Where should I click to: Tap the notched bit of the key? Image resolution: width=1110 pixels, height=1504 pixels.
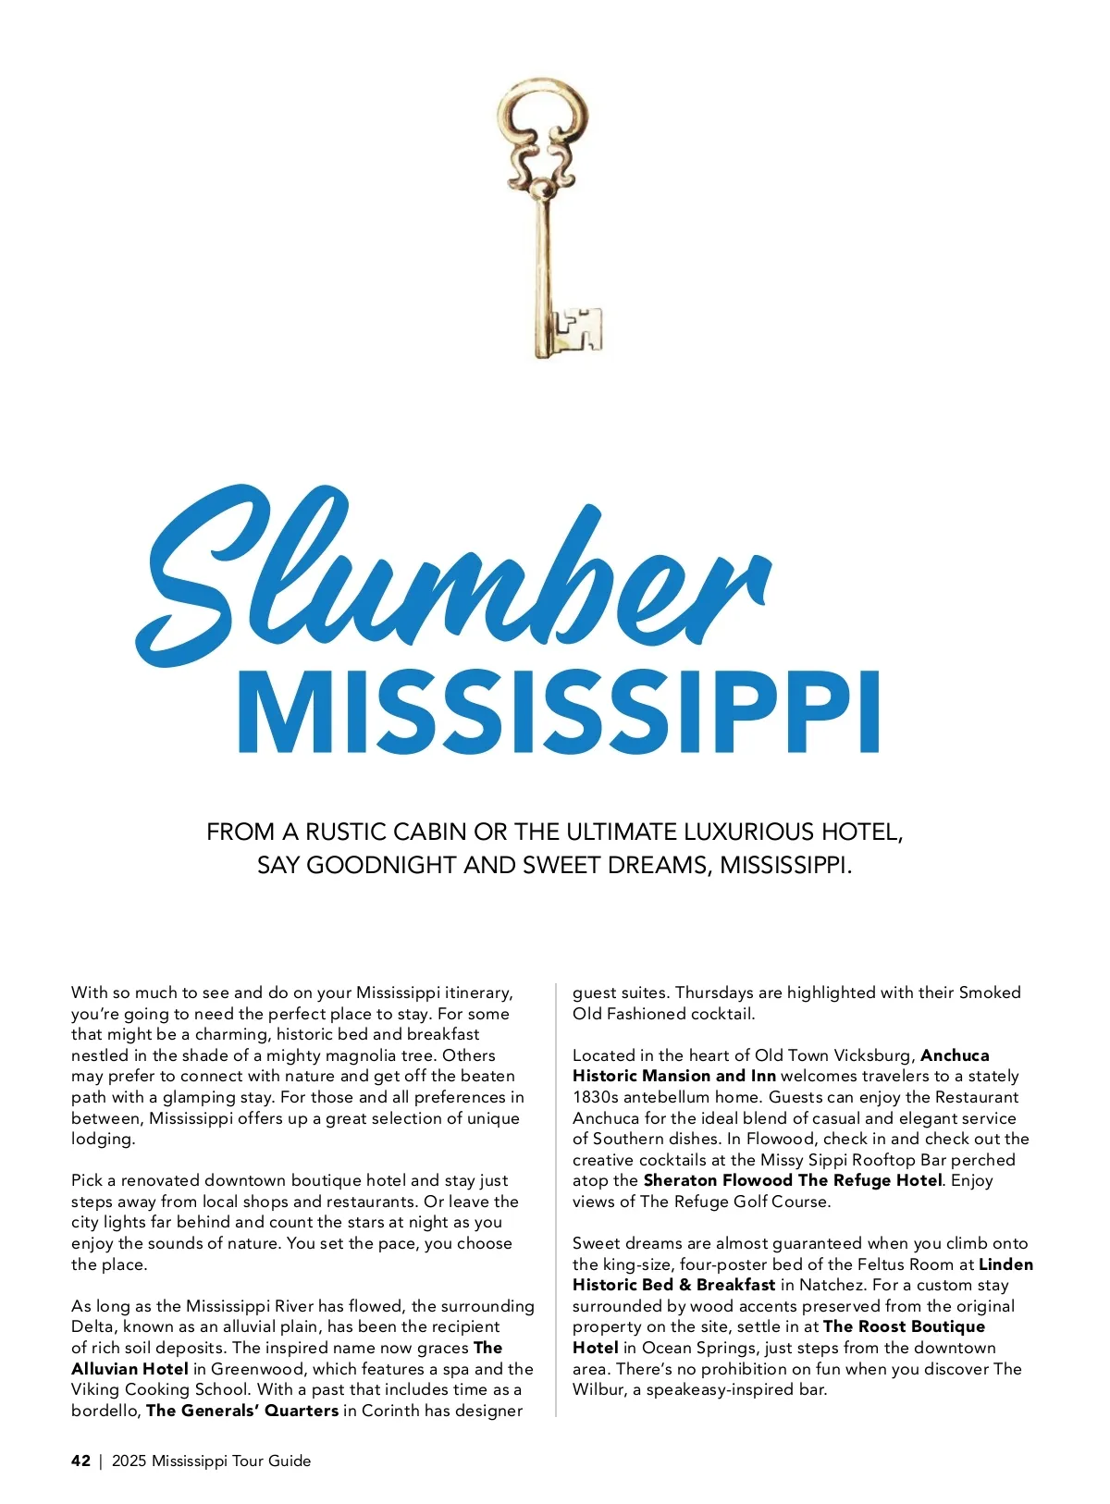click(579, 330)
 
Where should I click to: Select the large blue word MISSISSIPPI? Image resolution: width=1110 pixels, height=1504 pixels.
click(558, 712)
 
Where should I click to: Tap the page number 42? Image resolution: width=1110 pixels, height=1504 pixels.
click(80, 1461)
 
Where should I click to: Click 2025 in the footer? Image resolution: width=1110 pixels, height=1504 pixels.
click(129, 1461)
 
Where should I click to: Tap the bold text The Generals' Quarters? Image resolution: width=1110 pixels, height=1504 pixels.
click(242, 1411)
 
